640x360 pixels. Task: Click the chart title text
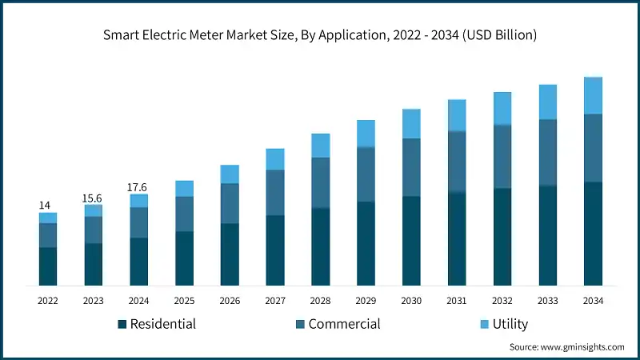coord(320,35)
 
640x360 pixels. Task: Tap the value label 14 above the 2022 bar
coord(45,206)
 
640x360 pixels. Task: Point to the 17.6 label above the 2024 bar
coord(138,187)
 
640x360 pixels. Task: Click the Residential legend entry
coord(163,324)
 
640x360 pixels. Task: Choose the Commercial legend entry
coord(344,324)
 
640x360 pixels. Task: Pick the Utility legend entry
coord(510,324)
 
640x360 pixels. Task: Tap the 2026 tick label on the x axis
coord(230,301)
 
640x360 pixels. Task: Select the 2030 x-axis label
coord(411,301)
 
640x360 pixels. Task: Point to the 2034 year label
coord(593,301)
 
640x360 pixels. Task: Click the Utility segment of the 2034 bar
coord(593,95)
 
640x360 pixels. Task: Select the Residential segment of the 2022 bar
coord(48,266)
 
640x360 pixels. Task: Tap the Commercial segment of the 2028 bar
coord(321,182)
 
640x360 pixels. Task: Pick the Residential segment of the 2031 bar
coord(457,238)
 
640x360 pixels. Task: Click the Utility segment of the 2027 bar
coord(275,159)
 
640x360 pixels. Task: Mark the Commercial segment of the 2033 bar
coord(547,152)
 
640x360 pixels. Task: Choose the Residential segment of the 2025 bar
coord(184,258)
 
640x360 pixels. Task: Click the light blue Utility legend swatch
coord(485,324)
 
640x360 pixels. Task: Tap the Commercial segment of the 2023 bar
coord(94,230)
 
